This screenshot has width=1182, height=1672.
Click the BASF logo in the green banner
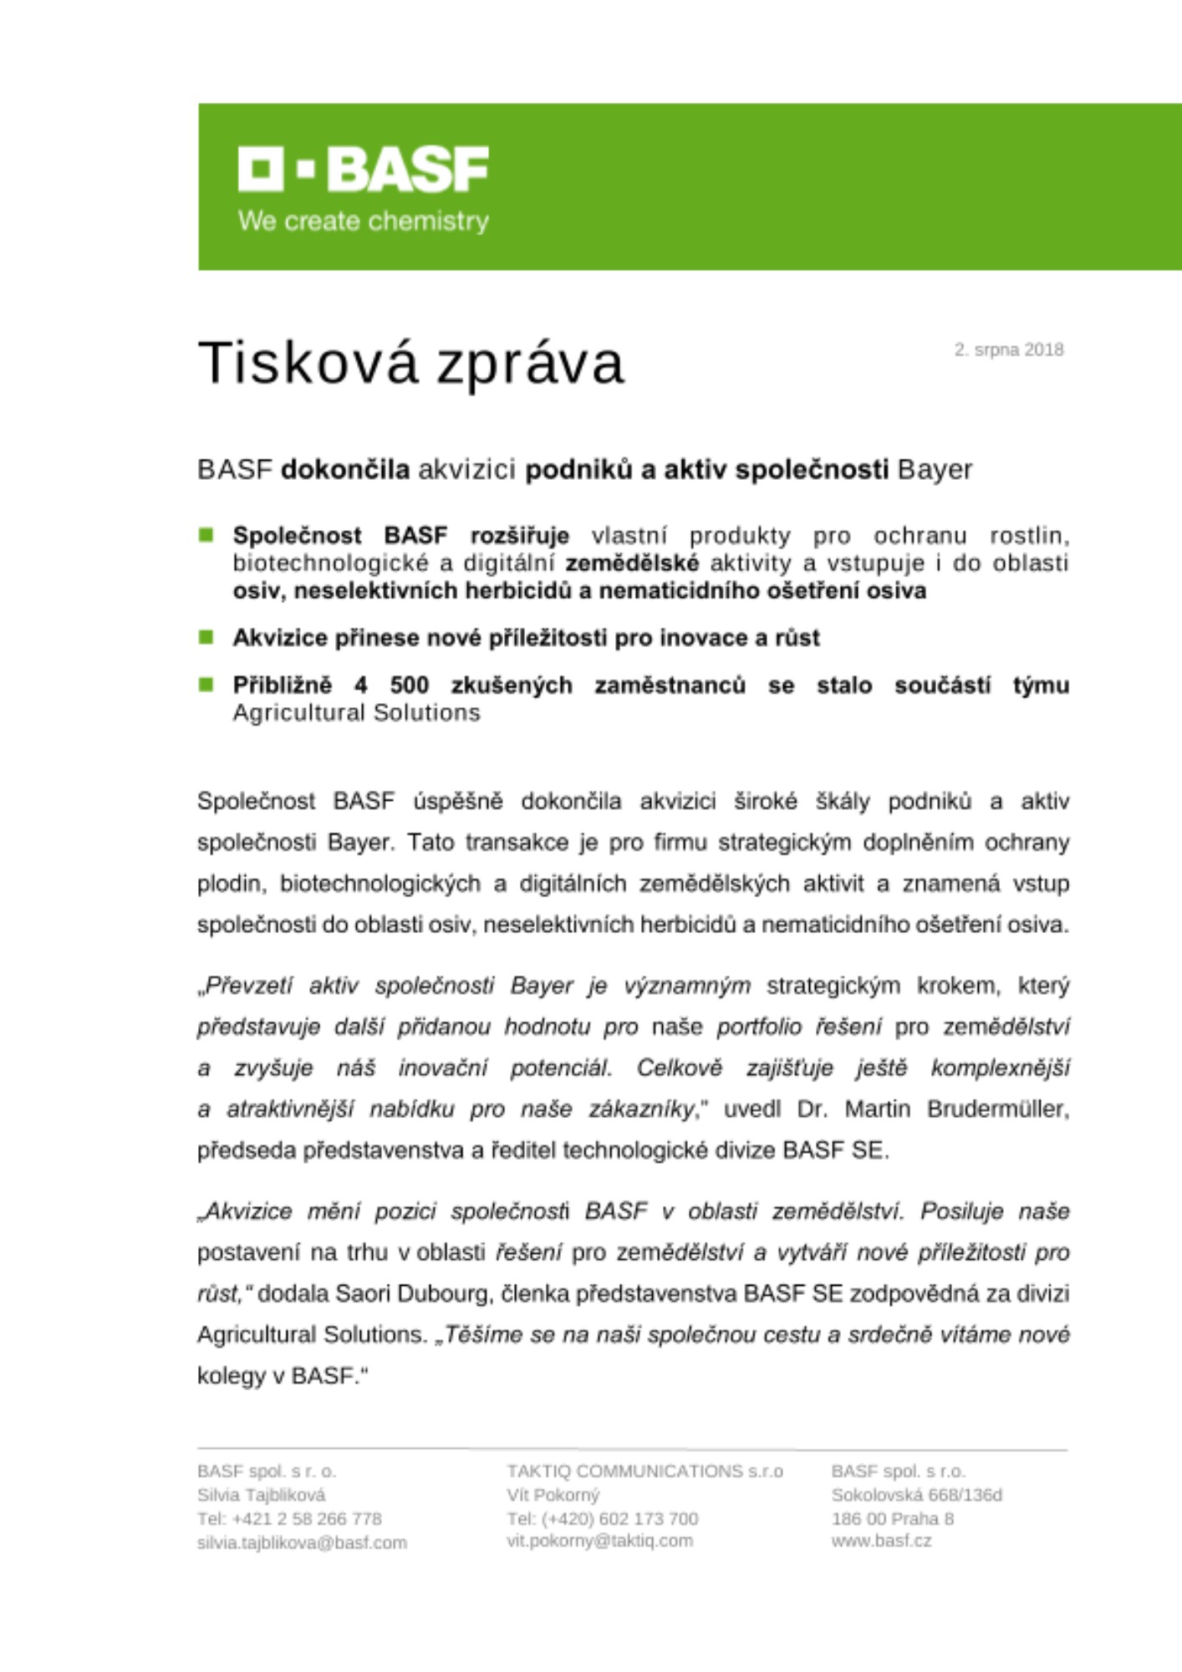tap(363, 169)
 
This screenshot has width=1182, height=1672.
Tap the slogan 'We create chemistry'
tap(363, 222)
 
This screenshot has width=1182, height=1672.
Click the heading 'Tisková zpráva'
tap(410, 363)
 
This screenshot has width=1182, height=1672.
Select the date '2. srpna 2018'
tap(1009, 349)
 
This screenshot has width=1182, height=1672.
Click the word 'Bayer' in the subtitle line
tap(935, 470)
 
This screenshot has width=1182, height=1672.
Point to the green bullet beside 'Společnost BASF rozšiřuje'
tap(206, 535)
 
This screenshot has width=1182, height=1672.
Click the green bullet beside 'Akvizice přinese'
tap(206, 637)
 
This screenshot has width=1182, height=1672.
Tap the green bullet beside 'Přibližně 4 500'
tap(206, 685)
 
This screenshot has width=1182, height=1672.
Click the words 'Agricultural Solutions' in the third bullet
tap(356, 713)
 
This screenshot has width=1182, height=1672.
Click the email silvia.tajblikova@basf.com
tap(302, 1542)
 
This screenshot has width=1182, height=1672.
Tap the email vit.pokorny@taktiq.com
tap(599, 1541)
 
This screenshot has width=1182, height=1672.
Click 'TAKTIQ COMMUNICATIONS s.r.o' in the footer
tap(644, 1471)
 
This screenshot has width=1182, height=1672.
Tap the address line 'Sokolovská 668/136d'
tap(916, 1495)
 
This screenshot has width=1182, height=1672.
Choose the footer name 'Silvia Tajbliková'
tap(261, 1495)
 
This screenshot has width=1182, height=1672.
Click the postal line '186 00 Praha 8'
tap(892, 1518)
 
